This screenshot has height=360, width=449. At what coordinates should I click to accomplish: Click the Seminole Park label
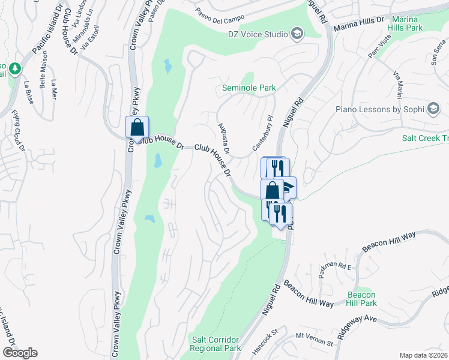249,88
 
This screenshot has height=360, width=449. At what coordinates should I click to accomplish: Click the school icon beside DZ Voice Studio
296,32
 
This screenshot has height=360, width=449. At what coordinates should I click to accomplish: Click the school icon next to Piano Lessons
432,109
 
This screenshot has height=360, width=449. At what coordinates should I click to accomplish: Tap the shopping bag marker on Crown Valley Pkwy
137,127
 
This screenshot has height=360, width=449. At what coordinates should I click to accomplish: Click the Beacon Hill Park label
361,299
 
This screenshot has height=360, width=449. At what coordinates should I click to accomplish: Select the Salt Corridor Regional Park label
215,344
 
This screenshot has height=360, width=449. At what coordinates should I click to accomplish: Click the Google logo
20,353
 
